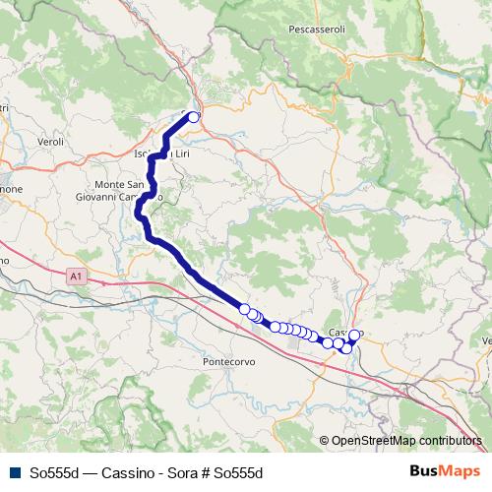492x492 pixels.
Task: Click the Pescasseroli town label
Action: click(316, 31)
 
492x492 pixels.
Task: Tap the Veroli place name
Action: click(49, 143)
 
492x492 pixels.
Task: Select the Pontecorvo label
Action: click(230, 361)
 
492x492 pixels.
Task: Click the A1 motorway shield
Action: click(77, 278)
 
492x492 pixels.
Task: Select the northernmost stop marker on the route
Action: click(194, 117)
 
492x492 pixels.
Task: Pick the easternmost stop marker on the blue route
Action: click(354, 336)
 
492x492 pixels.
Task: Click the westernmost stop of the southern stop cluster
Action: click(244, 308)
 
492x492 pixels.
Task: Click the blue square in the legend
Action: click(13, 473)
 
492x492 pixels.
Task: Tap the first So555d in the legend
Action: click(53, 473)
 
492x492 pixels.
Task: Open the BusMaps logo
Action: click(447, 472)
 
